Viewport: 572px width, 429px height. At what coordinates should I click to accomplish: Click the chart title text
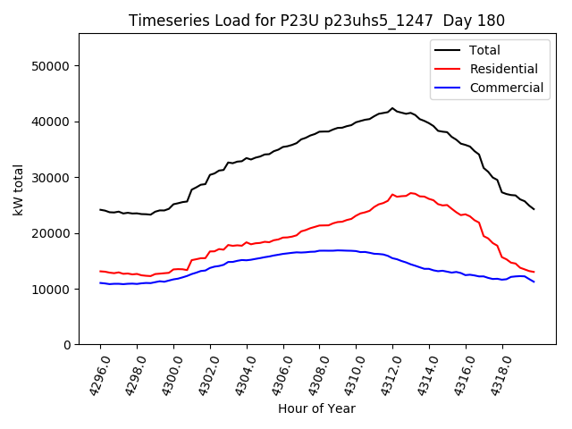coord(316,21)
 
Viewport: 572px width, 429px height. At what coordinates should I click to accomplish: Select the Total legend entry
coord(484,50)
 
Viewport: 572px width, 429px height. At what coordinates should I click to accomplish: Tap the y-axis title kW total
coord(19,189)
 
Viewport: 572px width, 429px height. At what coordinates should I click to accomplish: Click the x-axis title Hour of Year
coord(316,408)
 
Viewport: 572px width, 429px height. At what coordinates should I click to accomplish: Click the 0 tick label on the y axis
coord(67,345)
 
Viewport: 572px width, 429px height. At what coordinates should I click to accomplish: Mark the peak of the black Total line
coord(392,108)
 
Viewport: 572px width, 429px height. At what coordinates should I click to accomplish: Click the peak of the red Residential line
coord(411,192)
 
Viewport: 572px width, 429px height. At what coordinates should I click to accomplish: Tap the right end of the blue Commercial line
coord(534,282)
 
